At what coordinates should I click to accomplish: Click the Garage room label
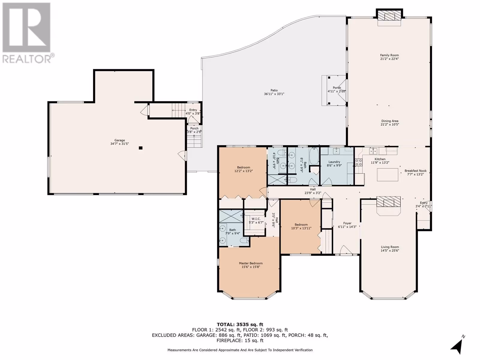[x=120, y=140]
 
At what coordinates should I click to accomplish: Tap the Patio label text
[x=274, y=90]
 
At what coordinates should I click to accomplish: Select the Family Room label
[x=389, y=55]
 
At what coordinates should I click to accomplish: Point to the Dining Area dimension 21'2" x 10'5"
[x=390, y=124]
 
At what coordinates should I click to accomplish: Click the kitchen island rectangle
[x=388, y=175]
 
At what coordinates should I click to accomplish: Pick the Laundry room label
[x=334, y=162]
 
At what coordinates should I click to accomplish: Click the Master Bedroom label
[x=250, y=263]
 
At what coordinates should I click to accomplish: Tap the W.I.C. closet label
[x=256, y=219]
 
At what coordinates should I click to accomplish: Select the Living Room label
[x=390, y=247]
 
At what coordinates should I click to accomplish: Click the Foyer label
[x=347, y=223]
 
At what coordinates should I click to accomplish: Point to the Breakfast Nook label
[x=415, y=171]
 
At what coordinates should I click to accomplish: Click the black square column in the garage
[x=141, y=148]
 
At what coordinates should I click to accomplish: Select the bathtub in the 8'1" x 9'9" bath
[x=314, y=156]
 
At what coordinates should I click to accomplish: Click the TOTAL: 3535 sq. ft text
[x=240, y=325]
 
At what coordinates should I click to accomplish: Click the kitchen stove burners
[x=358, y=162]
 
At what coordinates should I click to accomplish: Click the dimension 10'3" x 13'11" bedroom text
[x=301, y=228]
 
